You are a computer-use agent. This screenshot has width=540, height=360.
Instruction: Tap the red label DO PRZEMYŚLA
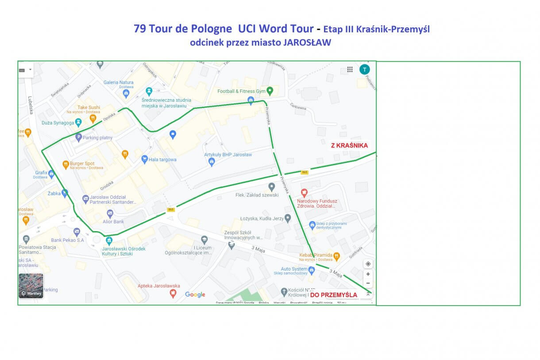pos(334,295)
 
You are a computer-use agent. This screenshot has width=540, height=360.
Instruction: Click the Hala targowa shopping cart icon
pos(144,159)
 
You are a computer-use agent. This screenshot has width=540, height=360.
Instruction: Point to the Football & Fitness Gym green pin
pos(270,91)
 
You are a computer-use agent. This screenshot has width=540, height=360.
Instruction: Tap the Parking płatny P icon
pos(79,137)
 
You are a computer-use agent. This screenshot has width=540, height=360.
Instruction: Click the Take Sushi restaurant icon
pos(93,118)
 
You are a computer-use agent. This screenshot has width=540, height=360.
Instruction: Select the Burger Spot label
pos(82,163)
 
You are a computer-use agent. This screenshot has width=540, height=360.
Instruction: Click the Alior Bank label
pos(113,221)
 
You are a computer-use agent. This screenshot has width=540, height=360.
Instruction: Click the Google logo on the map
pos(195,294)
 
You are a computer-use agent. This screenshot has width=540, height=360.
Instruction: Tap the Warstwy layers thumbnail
pos(31,286)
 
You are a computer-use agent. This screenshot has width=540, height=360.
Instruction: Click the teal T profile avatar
pos(364,70)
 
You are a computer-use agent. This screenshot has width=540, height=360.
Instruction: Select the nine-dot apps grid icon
pos(350,70)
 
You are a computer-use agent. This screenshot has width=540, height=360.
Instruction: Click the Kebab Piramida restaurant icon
pos(337,255)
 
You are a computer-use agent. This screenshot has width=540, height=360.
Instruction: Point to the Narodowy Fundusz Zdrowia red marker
pos(304,193)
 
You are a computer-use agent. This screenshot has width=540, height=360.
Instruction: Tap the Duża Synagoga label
pos(58,122)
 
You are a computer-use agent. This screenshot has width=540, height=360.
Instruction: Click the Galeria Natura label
pos(118,82)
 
